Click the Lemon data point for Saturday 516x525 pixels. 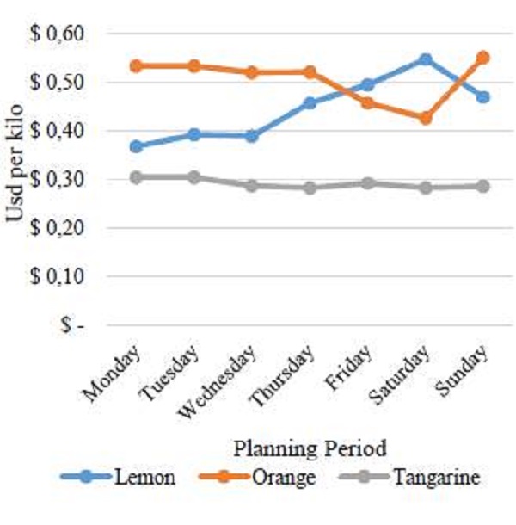(x=425, y=60)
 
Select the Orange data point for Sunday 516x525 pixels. (x=483, y=58)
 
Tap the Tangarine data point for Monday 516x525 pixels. (x=136, y=177)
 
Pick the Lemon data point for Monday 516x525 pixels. (x=136, y=146)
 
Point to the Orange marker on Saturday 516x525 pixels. (x=425, y=118)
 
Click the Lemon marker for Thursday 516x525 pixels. (x=310, y=103)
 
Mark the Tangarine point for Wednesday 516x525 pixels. (x=252, y=185)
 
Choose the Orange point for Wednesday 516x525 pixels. (x=252, y=72)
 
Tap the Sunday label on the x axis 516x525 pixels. (x=470, y=368)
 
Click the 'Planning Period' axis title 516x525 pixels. (x=309, y=448)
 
